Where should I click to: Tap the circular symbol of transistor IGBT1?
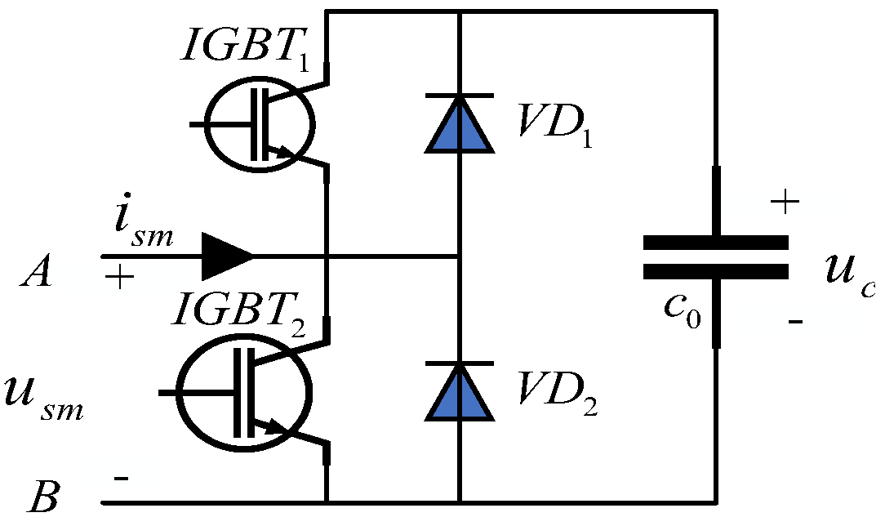click(x=258, y=124)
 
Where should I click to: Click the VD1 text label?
click(x=554, y=123)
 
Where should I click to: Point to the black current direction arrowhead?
click(x=229, y=256)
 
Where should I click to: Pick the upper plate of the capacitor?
click(x=716, y=242)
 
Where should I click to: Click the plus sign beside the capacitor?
click(x=785, y=203)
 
